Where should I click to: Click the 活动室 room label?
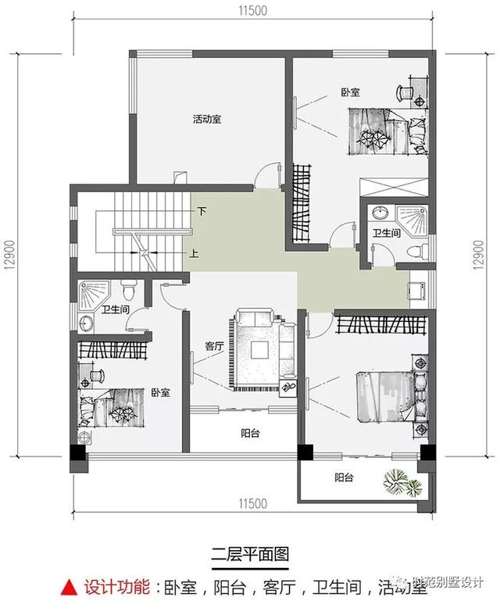[207, 120]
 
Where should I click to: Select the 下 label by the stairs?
[202, 211]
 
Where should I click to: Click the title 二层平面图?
[251, 554]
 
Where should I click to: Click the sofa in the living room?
[255, 320]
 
